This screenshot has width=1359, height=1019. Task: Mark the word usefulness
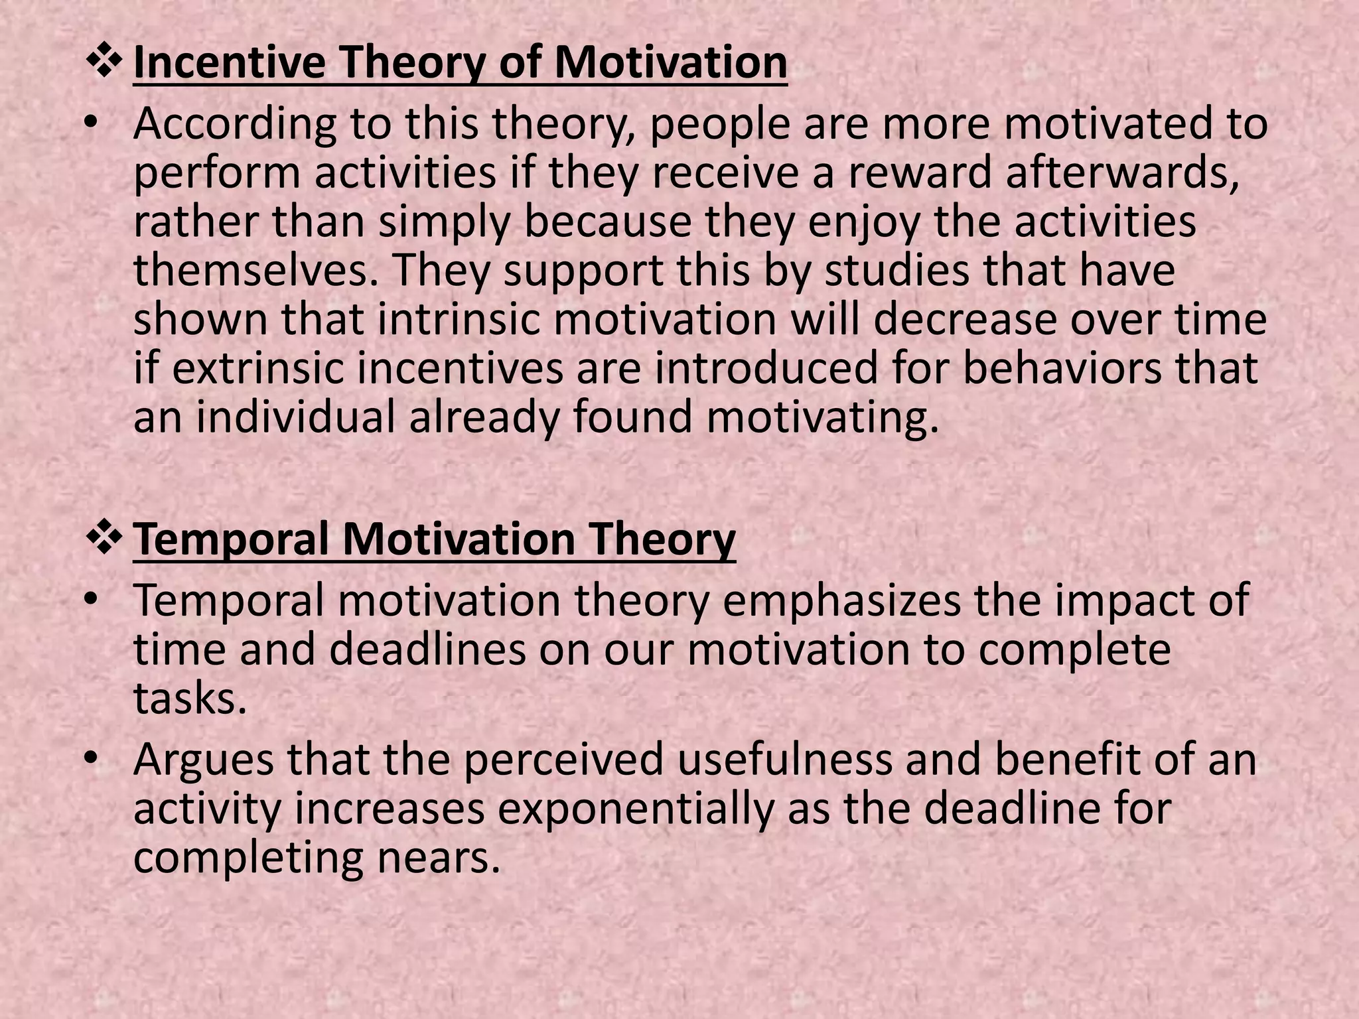(x=784, y=760)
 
